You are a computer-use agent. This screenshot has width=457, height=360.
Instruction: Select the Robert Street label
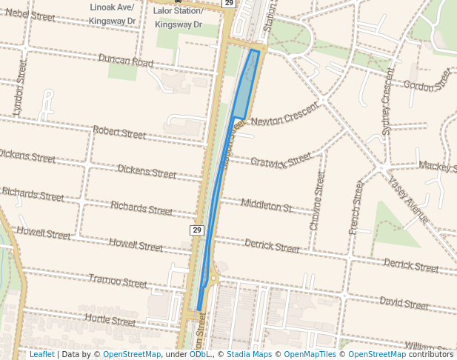tap(119, 133)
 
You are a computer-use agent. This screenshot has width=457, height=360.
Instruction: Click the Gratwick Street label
tap(281, 161)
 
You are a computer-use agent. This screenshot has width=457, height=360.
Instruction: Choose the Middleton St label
tap(267, 205)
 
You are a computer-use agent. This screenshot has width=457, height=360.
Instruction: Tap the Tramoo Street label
tap(118, 281)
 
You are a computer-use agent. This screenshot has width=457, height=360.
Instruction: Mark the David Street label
tap(404, 303)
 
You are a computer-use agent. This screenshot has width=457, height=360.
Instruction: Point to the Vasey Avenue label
tap(407, 202)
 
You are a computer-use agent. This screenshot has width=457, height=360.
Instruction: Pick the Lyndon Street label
tap(20, 90)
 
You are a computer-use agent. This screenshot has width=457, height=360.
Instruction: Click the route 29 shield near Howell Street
tap(197, 230)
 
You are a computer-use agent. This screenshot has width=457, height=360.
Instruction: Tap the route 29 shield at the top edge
tap(228, 3)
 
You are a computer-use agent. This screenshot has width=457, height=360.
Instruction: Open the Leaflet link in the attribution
tap(41, 355)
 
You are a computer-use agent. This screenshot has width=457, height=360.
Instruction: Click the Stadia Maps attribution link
tap(248, 355)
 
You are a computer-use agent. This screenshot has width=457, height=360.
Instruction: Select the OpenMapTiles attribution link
tap(310, 355)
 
